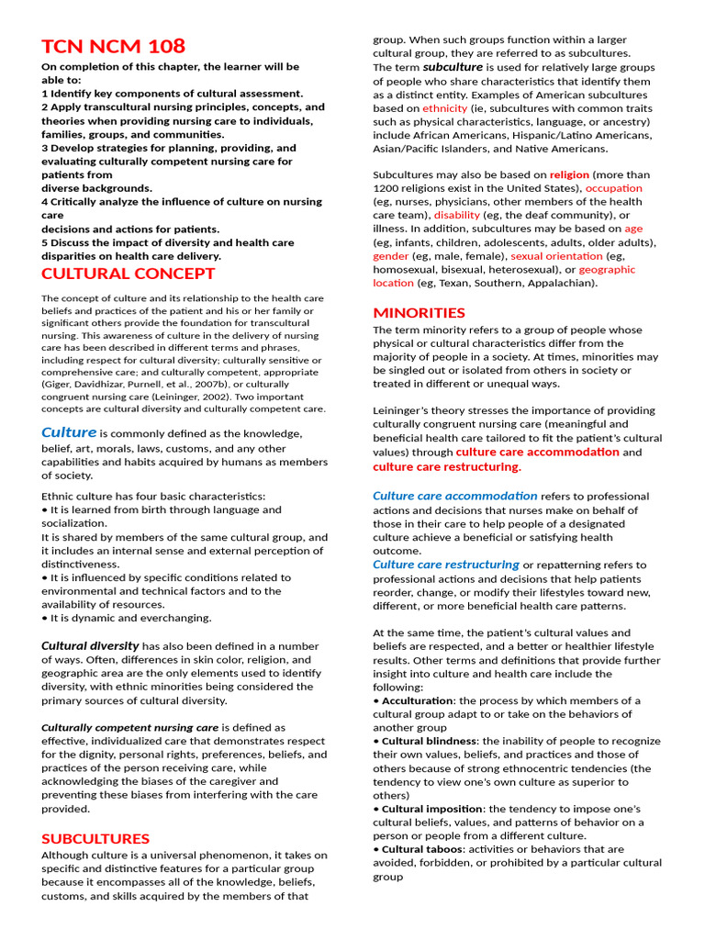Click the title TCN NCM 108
click(113, 46)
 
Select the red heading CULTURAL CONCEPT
click(129, 274)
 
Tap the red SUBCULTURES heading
click(95, 838)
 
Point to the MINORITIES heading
click(419, 312)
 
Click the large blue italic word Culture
click(69, 432)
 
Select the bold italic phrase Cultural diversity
click(90, 645)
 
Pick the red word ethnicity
click(445, 108)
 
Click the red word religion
click(569, 174)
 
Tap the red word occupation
click(614, 188)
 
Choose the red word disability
click(457, 215)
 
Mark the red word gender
click(391, 256)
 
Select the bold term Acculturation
click(418, 700)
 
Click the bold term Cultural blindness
click(429, 741)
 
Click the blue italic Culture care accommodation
click(454, 497)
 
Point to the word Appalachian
click(560, 283)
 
